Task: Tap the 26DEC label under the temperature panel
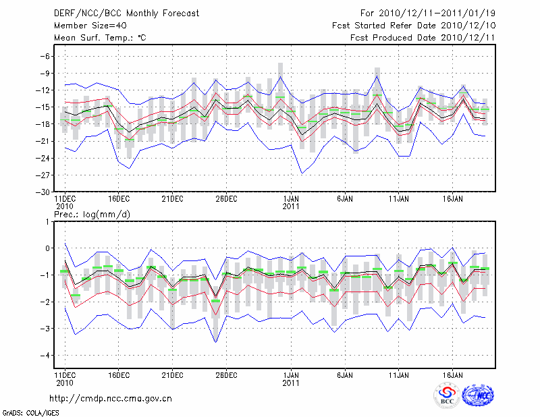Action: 227,199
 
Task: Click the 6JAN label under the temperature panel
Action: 344,199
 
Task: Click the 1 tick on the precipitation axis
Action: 47,221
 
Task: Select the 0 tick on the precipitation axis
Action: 47,248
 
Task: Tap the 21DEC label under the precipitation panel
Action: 173,373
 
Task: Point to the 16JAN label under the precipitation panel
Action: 453,373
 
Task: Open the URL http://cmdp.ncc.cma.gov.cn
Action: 111,398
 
